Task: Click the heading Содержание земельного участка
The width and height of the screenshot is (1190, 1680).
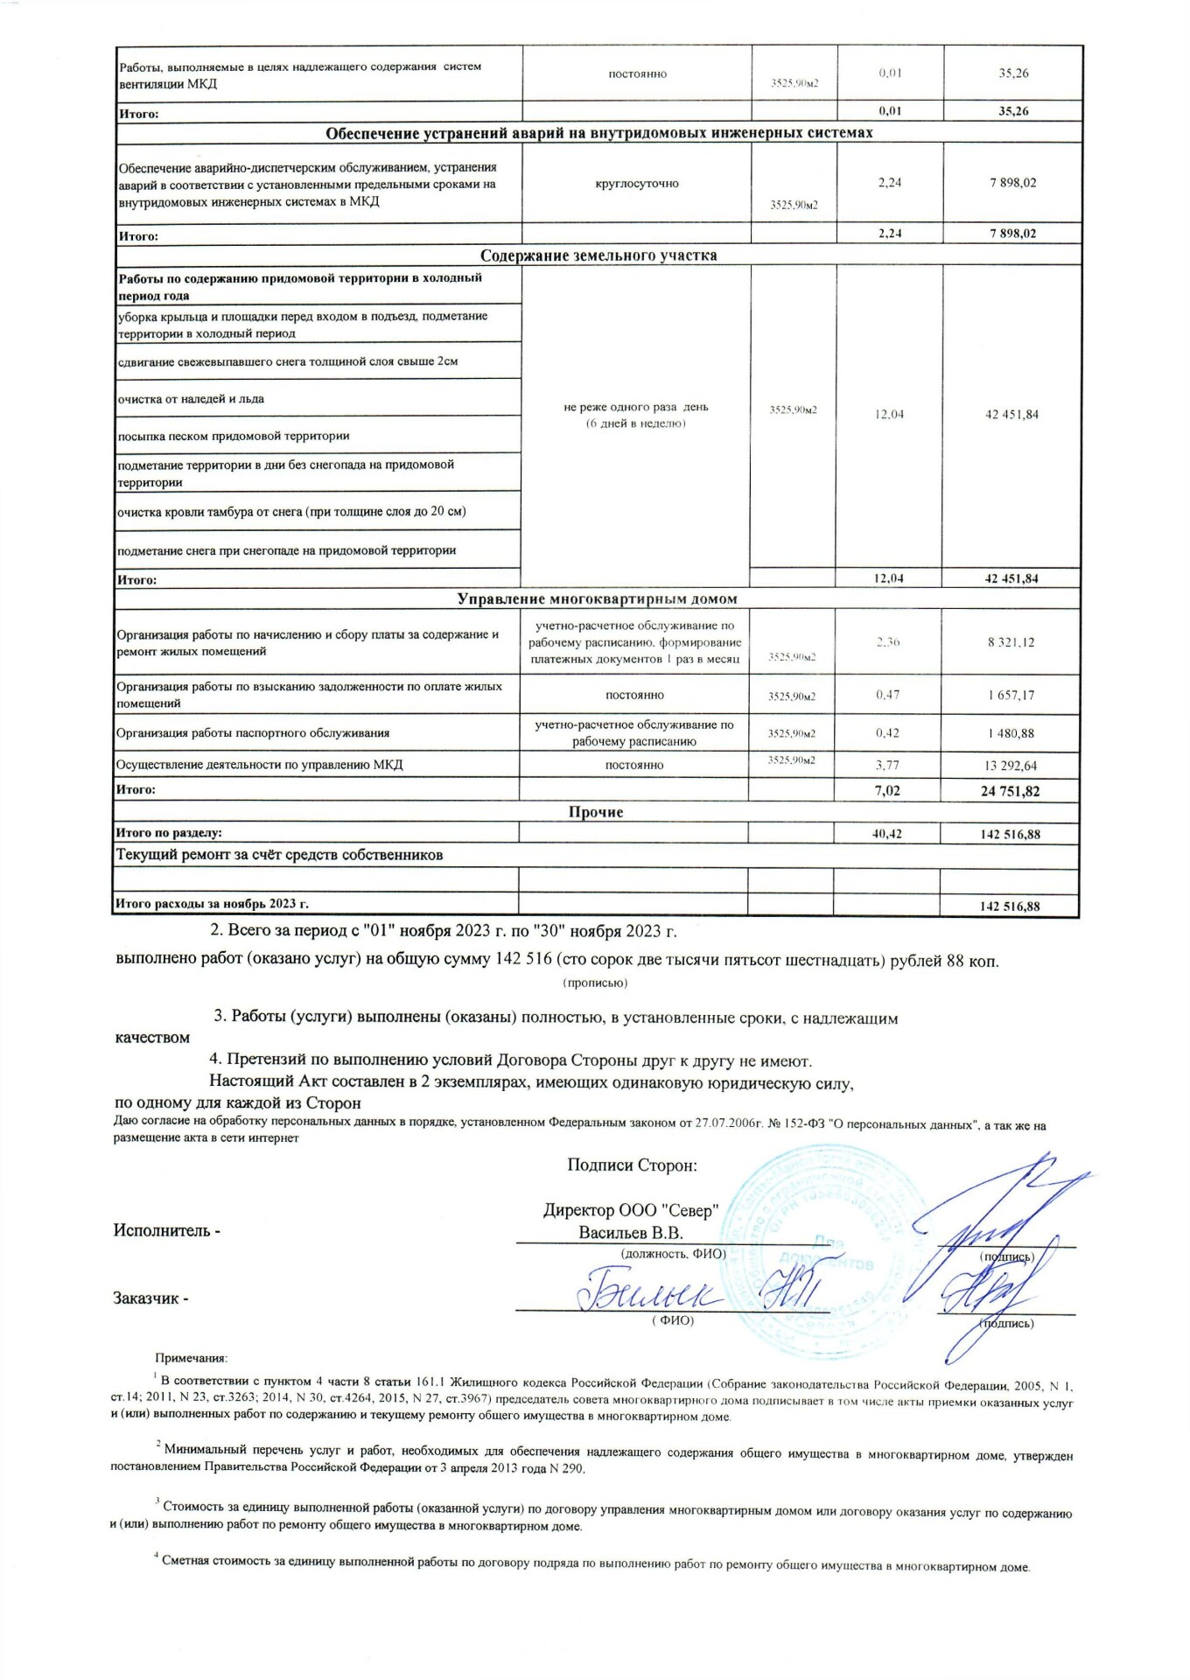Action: pos(598,255)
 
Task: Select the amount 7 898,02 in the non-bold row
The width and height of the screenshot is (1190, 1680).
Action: pos(1012,183)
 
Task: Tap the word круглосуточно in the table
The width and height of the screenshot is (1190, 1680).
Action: pos(637,184)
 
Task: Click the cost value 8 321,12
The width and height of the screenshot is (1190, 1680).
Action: pos(1011,642)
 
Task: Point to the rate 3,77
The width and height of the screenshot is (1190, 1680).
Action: pos(888,766)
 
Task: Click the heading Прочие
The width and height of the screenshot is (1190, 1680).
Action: pos(596,812)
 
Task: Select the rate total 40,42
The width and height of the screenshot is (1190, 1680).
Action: pos(887,834)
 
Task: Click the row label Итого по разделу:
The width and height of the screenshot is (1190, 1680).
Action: pos(169,834)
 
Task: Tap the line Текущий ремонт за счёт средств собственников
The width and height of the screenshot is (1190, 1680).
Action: pos(280,855)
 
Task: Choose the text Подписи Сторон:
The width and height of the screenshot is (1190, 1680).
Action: pos(632,1165)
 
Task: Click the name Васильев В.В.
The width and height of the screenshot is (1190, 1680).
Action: pos(631,1233)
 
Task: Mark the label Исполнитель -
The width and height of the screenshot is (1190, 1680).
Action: pos(167,1230)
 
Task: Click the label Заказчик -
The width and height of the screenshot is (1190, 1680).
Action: pos(151,1298)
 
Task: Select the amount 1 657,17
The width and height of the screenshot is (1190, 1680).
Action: pos(1011,696)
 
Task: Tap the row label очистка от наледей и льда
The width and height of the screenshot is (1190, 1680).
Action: pos(191,399)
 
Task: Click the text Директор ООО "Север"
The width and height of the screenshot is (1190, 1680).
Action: pos(631,1211)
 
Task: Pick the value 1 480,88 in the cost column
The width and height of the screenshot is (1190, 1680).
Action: pos(1011,733)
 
